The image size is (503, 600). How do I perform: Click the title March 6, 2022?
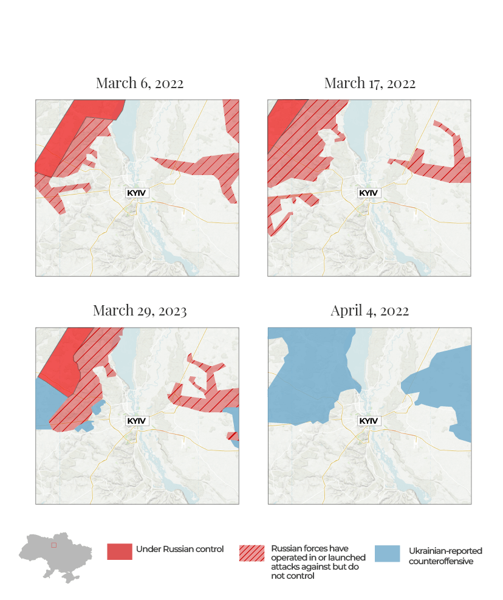(x=139, y=83)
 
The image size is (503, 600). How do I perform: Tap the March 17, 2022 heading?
(x=369, y=83)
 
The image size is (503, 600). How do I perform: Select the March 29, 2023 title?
(x=139, y=311)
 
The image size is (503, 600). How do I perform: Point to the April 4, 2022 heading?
(x=369, y=311)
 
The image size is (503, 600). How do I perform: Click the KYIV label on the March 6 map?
(x=137, y=193)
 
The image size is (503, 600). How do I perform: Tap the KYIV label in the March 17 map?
(x=368, y=193)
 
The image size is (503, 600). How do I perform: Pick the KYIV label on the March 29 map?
(x=137, y=421)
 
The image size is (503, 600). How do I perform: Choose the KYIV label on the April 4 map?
(x=368, y=421)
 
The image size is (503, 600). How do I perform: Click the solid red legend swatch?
(x=119, y=551)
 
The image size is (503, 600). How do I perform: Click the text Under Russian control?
(x=179, y=550)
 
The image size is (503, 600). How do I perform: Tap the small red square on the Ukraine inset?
(x=53, y=545)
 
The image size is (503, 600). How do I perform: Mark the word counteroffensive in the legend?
(x=440, y=561)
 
